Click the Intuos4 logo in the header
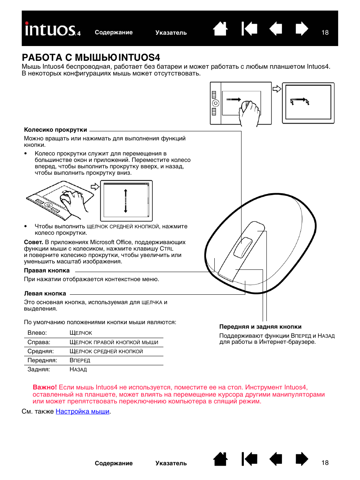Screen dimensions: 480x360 52,29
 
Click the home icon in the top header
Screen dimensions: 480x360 220,29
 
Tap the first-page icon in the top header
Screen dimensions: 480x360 249,29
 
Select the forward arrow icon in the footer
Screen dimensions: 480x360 302,459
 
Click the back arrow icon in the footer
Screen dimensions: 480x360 276,459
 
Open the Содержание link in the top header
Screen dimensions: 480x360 114,32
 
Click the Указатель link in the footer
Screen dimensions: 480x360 171,463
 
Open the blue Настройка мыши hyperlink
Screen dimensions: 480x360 82,411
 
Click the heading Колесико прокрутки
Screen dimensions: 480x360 55,130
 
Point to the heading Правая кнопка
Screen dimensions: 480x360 47,271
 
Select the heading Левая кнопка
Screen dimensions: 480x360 45,294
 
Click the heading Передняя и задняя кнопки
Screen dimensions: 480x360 260,327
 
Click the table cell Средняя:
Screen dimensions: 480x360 40,351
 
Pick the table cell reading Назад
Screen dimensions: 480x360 78,369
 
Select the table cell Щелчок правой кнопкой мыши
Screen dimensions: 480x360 114,342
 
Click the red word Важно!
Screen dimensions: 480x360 45,387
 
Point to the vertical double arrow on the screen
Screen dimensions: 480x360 126,201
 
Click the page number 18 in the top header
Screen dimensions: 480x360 325,32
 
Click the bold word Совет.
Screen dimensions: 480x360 33,242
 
